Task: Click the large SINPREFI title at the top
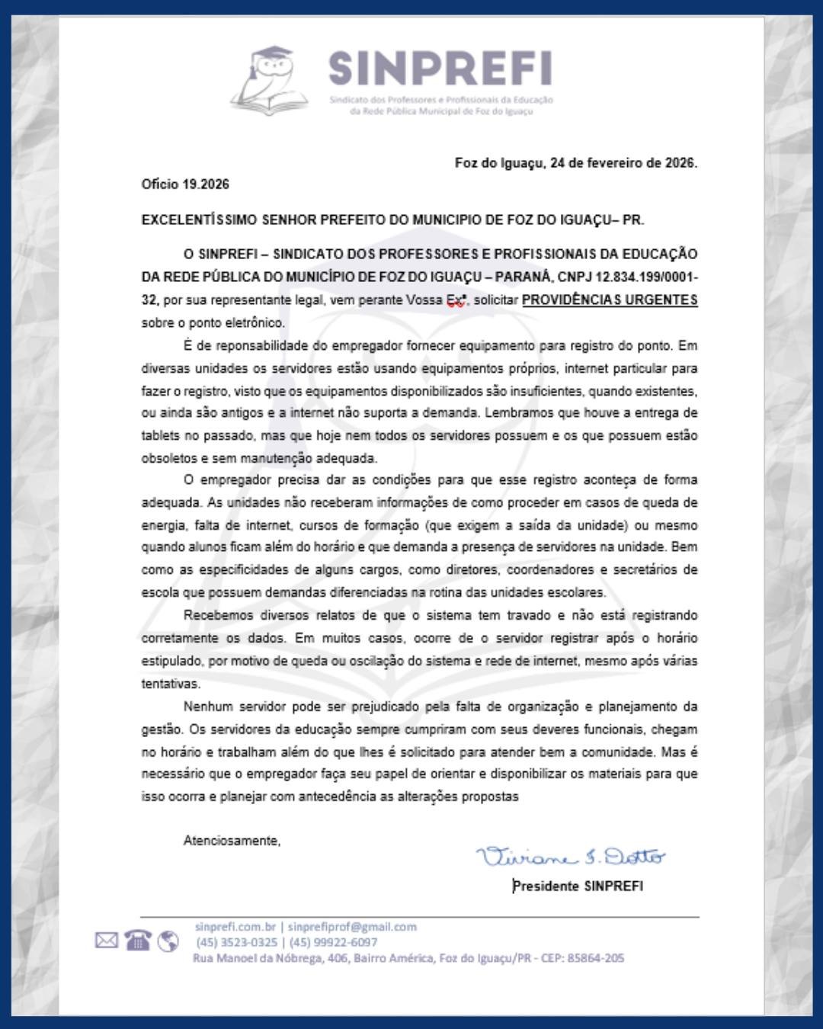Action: (440, 69)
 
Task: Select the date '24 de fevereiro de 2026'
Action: (623, 163)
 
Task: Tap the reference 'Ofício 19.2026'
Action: (185, 184)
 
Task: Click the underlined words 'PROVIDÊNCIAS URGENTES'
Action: (609, 300)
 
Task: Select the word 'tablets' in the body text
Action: (160, 436)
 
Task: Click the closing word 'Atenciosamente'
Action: (232, 841)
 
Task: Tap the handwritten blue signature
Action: (570, 857)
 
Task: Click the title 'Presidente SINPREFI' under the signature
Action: (578, 886)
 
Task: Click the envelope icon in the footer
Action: (107, 941)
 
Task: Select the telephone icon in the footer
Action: (137, 941)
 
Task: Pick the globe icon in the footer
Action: (168, 941)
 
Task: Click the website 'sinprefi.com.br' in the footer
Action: (235, 927)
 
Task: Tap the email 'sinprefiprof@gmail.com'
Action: (352, 927)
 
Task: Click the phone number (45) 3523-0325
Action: (237, 942)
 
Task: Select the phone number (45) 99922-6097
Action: (333, 942)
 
